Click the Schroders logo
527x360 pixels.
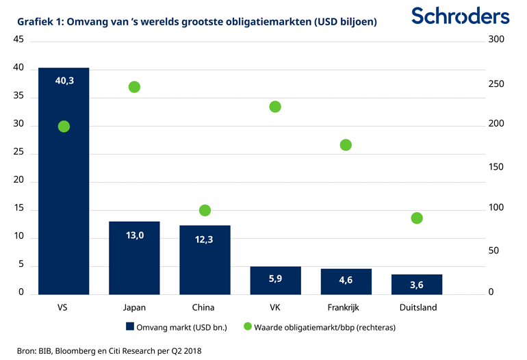tap(460, 16)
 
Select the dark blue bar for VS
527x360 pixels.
tap(64, 205)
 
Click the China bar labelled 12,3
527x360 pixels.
tap(205, 259)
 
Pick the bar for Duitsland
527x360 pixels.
tap(416, 284)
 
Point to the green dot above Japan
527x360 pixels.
tap(134, 87)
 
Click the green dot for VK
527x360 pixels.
tap(275, 107)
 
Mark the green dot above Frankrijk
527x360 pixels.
tap(346, 145)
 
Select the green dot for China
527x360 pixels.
tap(205, 210)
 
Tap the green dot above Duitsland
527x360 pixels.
tap(417, 218)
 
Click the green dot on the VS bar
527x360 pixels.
tap(64, 127)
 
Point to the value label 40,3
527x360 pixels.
tap(64, 81)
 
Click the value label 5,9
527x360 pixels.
tap(275, 279)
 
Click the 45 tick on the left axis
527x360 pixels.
tap(18, 40)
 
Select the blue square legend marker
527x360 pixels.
tap(129, 326)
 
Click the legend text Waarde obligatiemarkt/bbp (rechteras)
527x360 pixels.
tap(324, 327)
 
